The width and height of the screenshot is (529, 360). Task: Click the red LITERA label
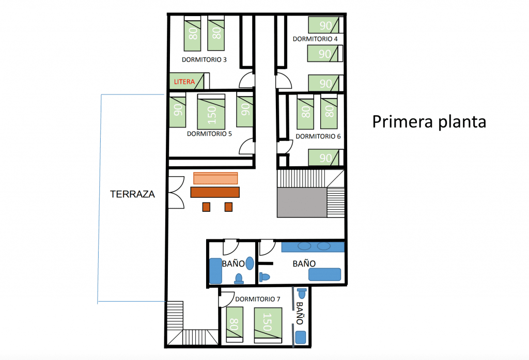tap(184, 82)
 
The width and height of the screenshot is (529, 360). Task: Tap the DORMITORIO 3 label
tap(204, 60)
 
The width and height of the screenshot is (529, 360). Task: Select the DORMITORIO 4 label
tap(315, 39)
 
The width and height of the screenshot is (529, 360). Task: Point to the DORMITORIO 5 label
tap(209, 134)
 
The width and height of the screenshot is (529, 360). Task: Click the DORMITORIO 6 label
tap(318, 136)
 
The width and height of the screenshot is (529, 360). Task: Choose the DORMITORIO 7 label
tap(258, 299)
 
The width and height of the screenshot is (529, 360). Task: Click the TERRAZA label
tap(133, 194)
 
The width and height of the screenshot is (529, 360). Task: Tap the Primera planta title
tap(429, 121)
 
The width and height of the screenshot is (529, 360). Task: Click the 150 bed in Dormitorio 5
tap(211, 112)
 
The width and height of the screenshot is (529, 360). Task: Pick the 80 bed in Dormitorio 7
tap(235, 324)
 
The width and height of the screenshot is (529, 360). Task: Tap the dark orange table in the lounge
tap(215, 192)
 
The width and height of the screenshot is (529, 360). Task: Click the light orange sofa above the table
tap(215, 178)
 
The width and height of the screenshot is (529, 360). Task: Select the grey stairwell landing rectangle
tap(302, 202)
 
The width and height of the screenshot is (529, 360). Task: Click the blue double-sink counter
tap(313, 247)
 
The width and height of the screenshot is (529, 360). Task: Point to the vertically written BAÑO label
tap(300, 313)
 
